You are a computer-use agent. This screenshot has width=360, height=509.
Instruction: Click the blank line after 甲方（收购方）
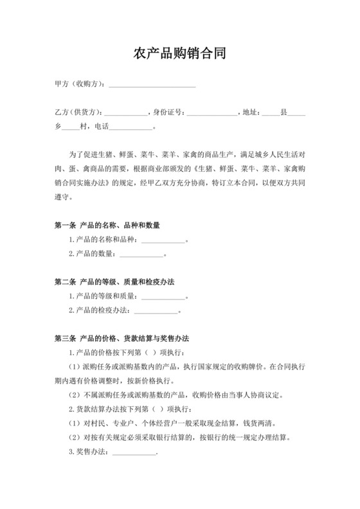click(x=152, y=84)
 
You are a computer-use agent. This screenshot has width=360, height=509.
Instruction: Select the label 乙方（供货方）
click(x=78, y=112)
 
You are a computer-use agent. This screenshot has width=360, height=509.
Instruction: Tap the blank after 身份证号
click(x=212, y=113)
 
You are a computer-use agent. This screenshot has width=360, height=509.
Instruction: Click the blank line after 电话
click(x=132, y=127)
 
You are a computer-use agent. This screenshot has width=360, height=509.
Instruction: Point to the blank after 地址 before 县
click(x=270, y=113)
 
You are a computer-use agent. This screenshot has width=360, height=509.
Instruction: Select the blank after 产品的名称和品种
click(x=163, y=240)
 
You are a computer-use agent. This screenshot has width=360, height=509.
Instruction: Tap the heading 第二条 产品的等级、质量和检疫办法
click(x=116, y=283)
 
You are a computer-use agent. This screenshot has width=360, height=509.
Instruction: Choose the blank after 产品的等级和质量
click(x=163, y=297)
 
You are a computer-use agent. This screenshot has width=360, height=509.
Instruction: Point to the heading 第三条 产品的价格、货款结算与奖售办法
click(x=126, y=339)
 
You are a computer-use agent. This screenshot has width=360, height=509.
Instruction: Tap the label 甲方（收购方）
click(x=79, y=84)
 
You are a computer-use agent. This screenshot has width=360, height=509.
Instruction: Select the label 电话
click(x=102, y=127)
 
